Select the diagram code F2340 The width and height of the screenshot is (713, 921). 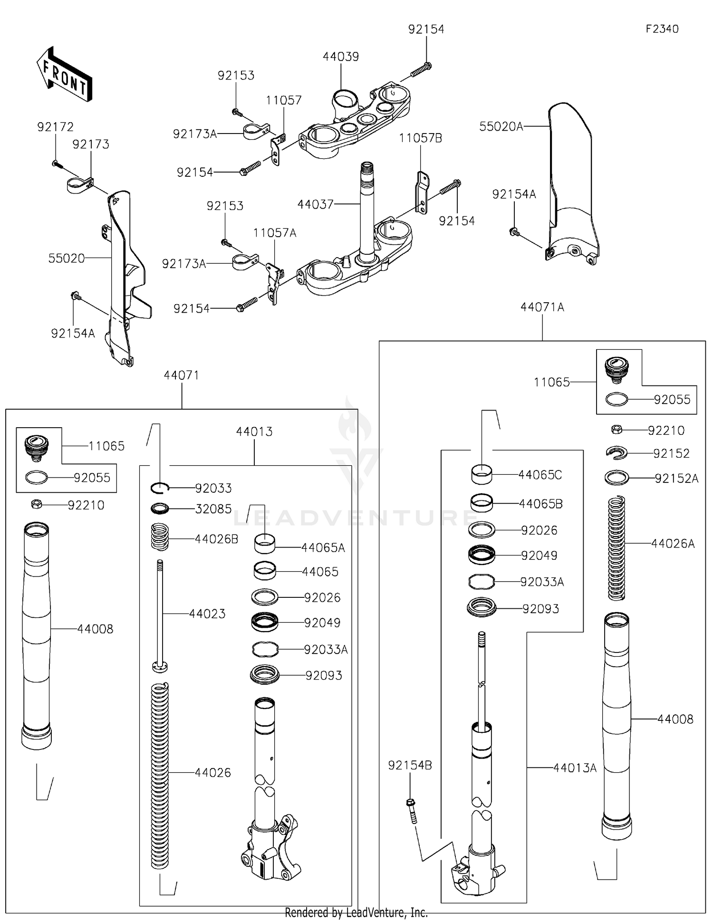(662, 29)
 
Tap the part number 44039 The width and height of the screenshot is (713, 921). (340, 57)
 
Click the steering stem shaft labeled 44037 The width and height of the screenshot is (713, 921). (366, 209)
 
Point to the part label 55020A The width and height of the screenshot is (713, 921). (501, 126)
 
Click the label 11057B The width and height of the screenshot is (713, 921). (420, 138)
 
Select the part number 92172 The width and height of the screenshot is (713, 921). (56, 127)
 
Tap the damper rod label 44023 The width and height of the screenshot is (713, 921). (207, 614)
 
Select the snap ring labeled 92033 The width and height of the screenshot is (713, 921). (161, 488)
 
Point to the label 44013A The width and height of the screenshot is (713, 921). (575, 767)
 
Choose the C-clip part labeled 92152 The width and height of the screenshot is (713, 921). (617, 453)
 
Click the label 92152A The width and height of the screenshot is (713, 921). (676, 479)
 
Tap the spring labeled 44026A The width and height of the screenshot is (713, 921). (617, 547)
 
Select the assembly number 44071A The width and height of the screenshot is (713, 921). (542, 307)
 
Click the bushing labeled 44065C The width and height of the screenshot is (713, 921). (482, 474)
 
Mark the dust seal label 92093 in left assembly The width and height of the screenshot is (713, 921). (324, 675)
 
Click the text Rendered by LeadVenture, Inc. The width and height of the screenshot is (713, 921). (356, 912)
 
